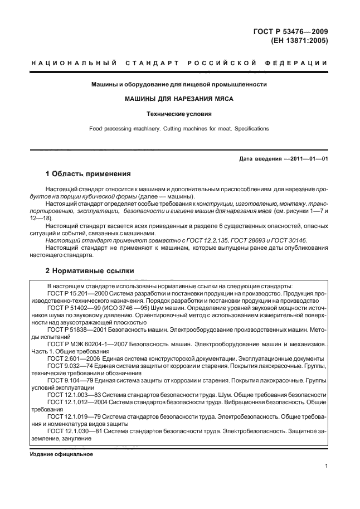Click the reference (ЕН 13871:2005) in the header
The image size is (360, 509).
coord(299,41)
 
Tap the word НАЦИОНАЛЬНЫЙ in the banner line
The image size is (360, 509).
coord(73,62)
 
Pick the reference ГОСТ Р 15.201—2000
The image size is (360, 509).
coord(75,292)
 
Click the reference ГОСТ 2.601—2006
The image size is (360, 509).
coord(70,358)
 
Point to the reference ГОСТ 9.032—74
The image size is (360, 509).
coord(67,365)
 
